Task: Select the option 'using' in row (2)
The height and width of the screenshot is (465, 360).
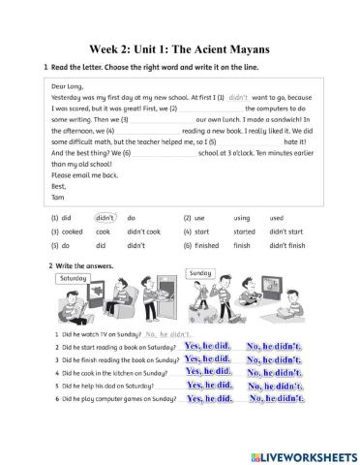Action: (242, 219)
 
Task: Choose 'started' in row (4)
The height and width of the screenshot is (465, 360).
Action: (244, 232)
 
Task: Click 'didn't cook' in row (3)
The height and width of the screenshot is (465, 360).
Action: (143, 232)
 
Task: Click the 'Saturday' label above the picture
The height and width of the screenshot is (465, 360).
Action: (74, 277)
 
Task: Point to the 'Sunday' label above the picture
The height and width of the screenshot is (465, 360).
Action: (200, 274)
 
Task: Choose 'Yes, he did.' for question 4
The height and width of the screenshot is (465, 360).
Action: (208, 371)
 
